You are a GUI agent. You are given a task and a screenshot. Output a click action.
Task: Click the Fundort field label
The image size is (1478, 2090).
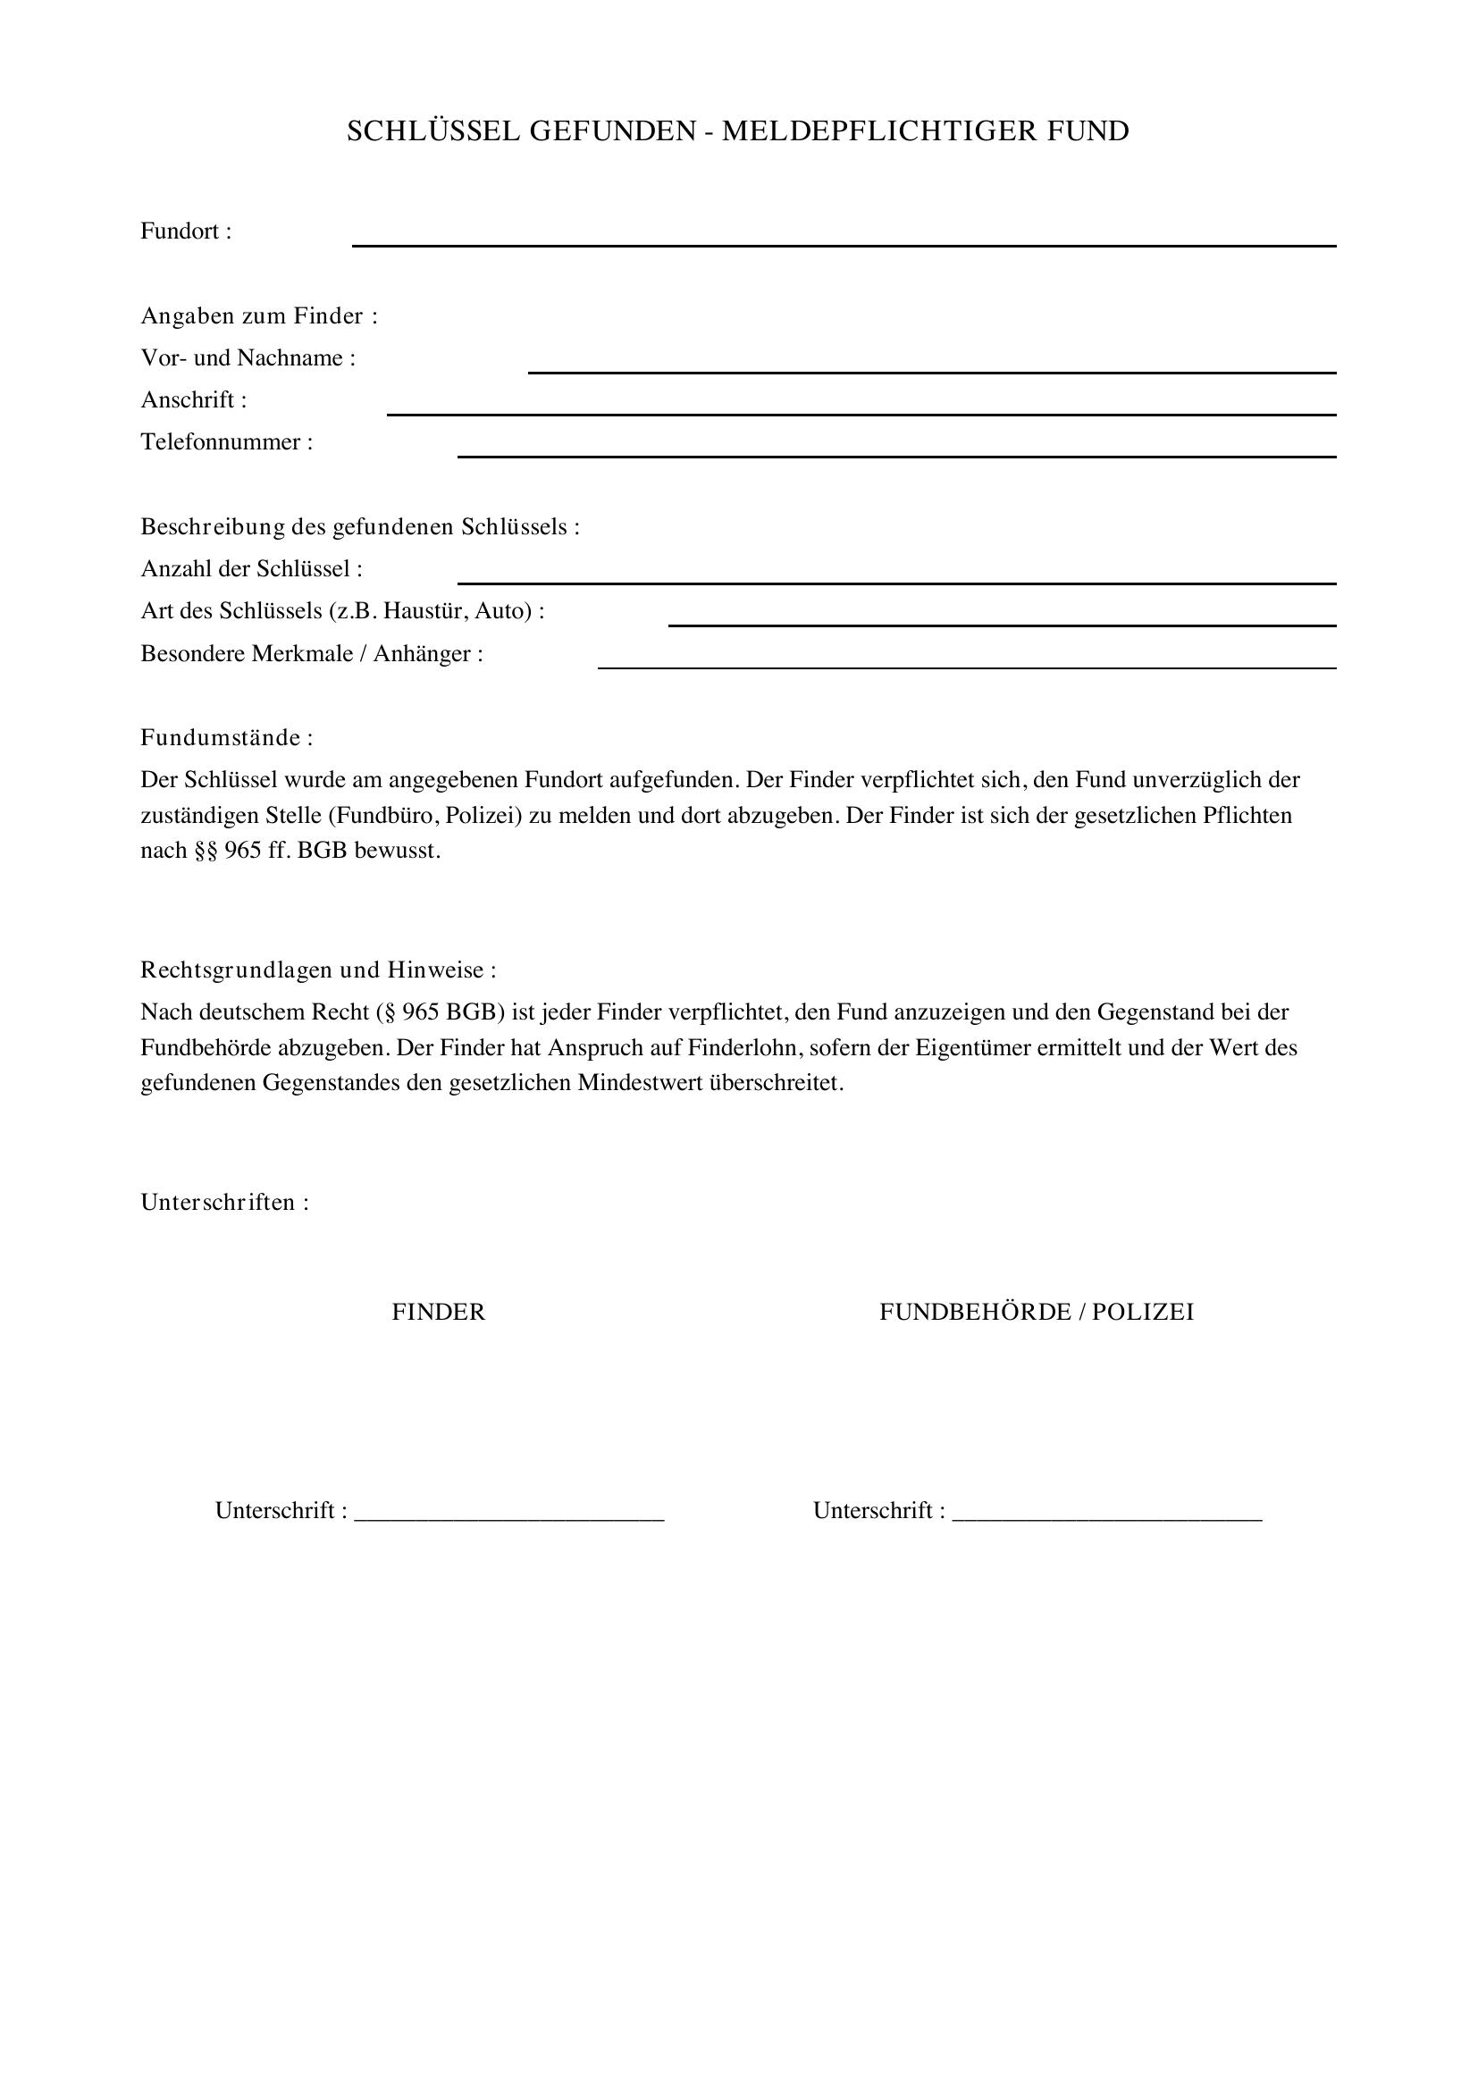pyautogui.click(x=186, y=231)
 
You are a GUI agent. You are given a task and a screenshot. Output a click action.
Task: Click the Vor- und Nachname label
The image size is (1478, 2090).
pyautogui.click(x=248, y=357)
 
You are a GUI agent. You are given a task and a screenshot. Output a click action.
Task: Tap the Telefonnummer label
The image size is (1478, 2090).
pyautogui.click(x=227, y=442)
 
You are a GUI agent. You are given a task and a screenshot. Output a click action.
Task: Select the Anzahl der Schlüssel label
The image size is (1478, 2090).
pyautogui.click(x=251, y=569)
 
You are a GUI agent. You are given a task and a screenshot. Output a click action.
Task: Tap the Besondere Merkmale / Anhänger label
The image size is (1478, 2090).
pyautogui.click(x=311, y=653)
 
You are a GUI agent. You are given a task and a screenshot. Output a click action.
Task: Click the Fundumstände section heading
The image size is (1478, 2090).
pyautogui.click(x=227, y=737)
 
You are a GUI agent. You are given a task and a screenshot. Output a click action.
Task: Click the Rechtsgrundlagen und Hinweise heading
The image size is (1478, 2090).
pyautogui.click(x=318, y=970)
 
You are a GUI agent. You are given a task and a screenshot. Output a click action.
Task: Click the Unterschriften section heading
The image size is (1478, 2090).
pyautogui.click(x=225, y=1203)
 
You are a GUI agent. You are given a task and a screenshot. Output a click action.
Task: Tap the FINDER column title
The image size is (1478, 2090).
pyautogui.click(x=439, y=1312)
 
